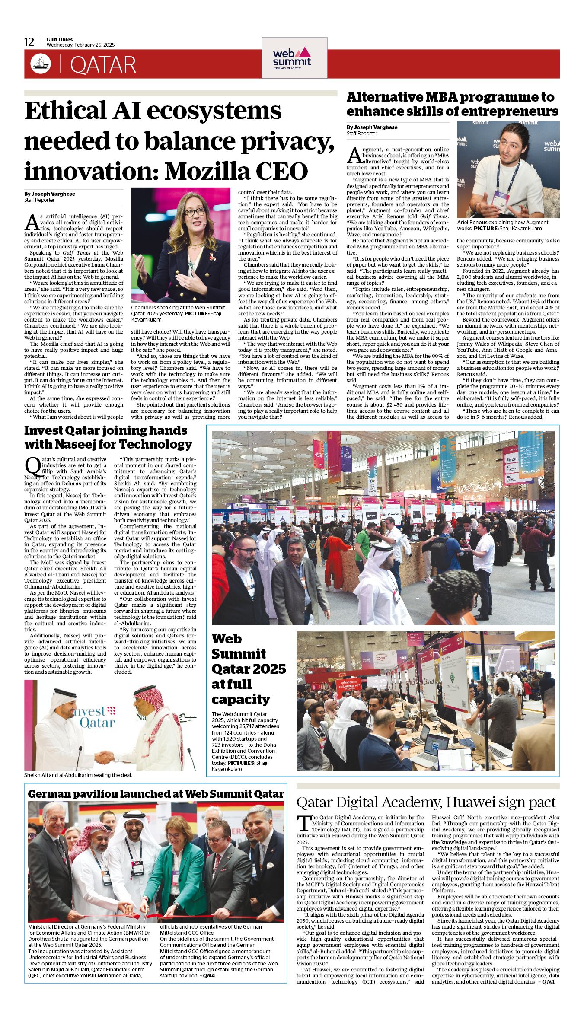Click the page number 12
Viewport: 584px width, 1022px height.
tap(29, 42)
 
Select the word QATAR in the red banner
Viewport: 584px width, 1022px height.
tap(103, 65)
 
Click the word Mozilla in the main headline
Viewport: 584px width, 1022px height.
tap(208, 171)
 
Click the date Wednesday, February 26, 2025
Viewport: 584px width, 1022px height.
tap(80, 45)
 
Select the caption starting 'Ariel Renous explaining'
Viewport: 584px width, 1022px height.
tap(502, 225)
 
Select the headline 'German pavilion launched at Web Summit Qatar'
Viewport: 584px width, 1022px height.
tap(156, 794)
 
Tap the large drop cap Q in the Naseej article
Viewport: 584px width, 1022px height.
tap(33, 466)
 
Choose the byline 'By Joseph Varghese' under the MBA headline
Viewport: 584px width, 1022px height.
tap(372, 127)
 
